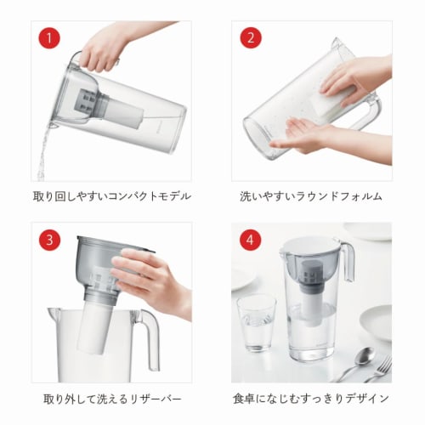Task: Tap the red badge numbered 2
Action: click(x=250, y=39)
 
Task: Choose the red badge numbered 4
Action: click(x=250, y=241)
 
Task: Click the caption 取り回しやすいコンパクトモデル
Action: click(x=111, y=196)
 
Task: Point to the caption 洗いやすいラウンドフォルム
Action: click(x=311, y=196)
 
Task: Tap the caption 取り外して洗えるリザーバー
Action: click(x=111, y=398)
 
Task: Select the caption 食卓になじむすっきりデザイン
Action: click(x=311, y=398)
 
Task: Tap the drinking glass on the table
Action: click(x=256, y=323)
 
